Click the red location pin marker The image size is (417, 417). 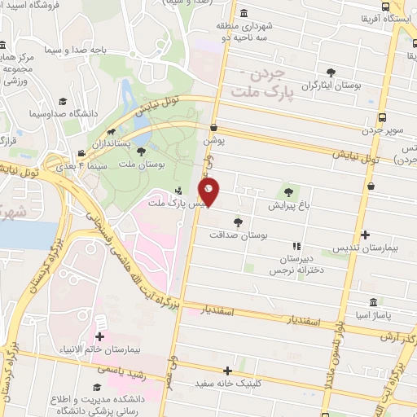tap(209, 193)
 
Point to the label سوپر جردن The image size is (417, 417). tap(382, 132)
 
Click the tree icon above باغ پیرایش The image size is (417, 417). tap(288, 193)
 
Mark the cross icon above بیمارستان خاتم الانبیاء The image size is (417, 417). tap(100, 336)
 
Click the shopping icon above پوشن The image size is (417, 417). tap(213, 127)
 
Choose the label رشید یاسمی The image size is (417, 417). tap(114, 370)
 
